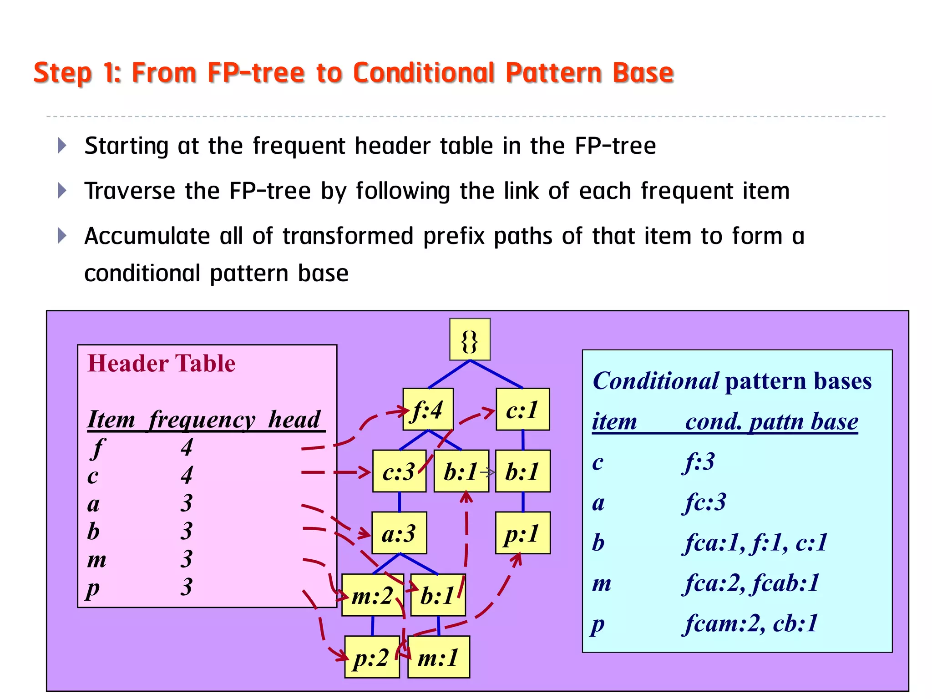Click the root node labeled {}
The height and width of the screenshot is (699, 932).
470,339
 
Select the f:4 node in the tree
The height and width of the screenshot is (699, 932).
428,409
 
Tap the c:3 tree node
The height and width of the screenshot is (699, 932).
399,471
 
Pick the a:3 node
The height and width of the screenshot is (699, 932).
399,533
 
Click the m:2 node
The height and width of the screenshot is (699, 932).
372,595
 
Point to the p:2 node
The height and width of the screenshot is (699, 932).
372,657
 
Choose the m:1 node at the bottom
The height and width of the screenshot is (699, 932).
439,657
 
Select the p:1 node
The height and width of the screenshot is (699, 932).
522,533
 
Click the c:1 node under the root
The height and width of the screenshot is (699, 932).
522,409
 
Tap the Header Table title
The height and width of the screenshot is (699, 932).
162,364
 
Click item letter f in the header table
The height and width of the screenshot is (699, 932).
97,447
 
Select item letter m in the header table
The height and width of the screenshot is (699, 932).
97,559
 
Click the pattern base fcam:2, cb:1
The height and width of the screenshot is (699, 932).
751,623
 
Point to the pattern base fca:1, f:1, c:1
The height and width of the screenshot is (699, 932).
755,542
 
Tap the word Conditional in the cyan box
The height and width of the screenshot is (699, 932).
655,381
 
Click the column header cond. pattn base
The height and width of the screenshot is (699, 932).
771,421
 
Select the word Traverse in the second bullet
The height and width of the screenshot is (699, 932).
130,191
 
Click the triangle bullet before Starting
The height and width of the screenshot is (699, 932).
62,146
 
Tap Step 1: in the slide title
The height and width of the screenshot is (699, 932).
77,73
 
